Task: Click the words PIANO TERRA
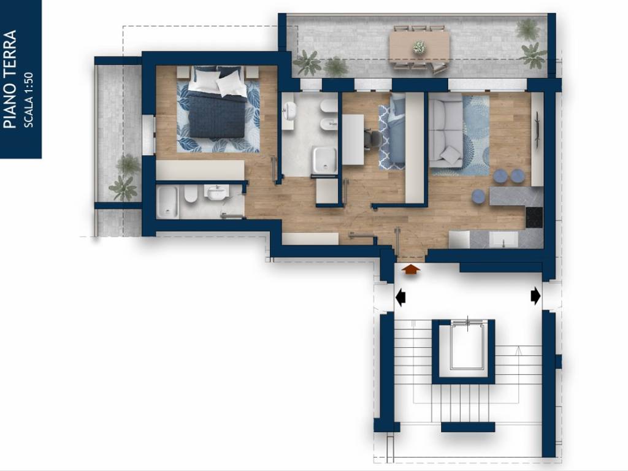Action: pyautogui.click(x=10, y=79)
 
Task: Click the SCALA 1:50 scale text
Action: pyautogui.click(x=28, y=100)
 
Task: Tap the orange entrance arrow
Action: pyautogui.click(x=411, y=269)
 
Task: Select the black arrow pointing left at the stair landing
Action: pyautogui.click(x=400, y=297)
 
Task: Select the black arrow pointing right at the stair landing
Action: pyautogui.click(x=535, y=296)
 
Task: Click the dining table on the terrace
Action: pyautogui.click(x=419, y=47)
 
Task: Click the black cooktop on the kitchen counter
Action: pyautogui.click(x=534, y=216)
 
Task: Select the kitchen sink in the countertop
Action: pyautogui.click(x=504, y=240)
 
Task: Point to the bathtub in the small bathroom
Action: pyautogui.click(x=167, y=202)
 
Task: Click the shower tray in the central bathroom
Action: pyautogui.click(x=325, y=161)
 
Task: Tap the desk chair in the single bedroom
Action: pyautogui.click(x=374, y=140)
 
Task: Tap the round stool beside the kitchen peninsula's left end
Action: pyautogui.click(x=479, y=196)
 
